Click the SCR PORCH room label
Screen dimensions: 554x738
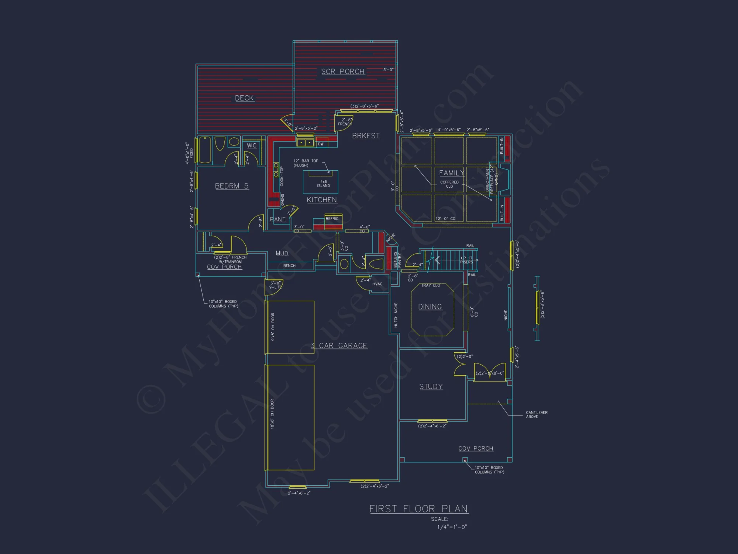[342, 72]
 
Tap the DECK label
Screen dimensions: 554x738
[244, 98]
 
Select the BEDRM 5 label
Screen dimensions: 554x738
[232, 186]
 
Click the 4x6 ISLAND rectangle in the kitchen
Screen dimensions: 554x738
[320, 182]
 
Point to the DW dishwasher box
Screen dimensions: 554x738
[321, 144]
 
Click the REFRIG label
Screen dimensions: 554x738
[332, 219]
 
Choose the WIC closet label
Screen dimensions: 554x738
[252, 146]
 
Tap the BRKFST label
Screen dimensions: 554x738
[366, 136]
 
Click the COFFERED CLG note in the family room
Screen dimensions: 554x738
[449, 184]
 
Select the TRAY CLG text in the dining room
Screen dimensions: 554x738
[431, 285]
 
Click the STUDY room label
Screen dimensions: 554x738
[431, 387]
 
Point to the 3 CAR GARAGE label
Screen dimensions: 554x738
[339, 346]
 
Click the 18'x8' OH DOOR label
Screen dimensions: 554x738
[272, 414]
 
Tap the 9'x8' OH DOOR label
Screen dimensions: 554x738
[273, 326]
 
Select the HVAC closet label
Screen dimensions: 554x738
[377, 284]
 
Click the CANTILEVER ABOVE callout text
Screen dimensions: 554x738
[537, 414]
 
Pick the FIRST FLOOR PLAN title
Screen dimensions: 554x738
[419, 509]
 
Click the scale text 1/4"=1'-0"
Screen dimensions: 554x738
[452, 527]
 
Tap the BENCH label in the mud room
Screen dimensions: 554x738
[289, 266]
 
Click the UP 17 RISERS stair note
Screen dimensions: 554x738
[466, 260]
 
